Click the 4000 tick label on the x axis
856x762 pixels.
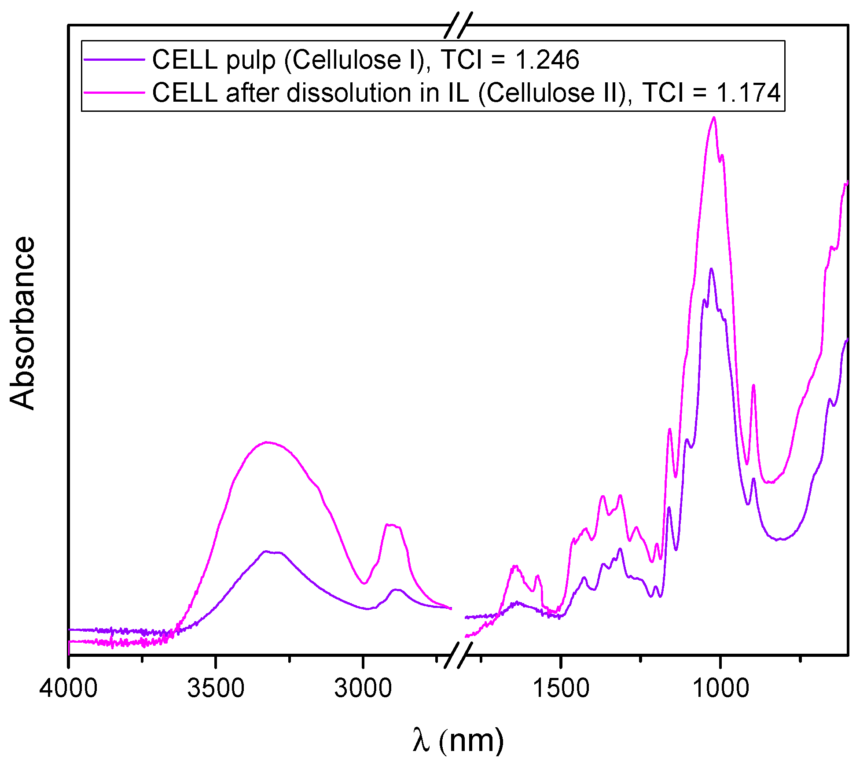(68, 688)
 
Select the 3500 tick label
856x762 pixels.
(216, 688)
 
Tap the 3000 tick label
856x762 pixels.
(363, 688)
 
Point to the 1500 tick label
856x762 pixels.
(561, 688)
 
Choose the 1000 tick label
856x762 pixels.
(720, 688)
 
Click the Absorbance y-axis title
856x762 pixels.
(22, 324)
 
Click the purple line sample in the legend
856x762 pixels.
(114, 59)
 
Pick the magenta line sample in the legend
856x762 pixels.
(114, 92)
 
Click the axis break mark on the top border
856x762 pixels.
(458, 25)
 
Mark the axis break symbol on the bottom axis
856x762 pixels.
(458, 655)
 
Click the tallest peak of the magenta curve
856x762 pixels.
(714, 118)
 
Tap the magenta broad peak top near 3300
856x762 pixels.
(267, 442)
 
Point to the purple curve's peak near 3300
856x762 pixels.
(266, 551)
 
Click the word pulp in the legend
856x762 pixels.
(250, 60)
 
